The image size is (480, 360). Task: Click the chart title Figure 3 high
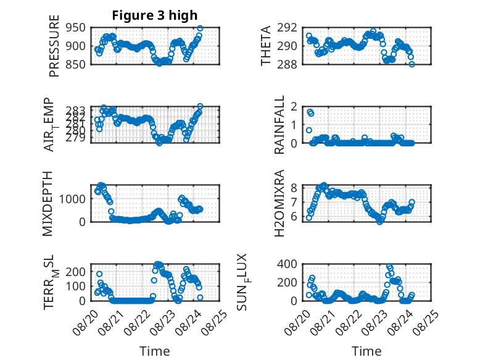155,15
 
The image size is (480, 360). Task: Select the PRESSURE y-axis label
54,46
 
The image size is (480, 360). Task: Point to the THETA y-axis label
266,46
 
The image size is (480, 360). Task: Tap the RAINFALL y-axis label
279,125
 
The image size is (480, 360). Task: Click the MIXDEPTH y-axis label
48,204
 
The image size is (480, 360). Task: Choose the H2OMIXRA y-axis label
279,204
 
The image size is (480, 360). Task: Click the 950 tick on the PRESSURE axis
76,28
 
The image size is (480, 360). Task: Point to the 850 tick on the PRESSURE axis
76,64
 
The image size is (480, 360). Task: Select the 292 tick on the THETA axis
287,28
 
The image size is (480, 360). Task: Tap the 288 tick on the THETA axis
287,64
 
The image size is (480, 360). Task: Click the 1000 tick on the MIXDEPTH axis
72,199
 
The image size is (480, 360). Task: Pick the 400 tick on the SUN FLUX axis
287,264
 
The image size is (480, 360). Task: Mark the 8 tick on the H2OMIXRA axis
294,188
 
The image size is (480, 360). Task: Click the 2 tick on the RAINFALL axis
294,107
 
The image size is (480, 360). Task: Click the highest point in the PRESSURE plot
200,28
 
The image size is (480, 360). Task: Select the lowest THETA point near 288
412,64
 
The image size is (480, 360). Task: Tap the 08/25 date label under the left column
215,323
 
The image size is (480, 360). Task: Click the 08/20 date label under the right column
297,323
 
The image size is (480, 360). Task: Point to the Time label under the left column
155,351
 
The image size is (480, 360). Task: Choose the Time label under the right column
366,351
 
